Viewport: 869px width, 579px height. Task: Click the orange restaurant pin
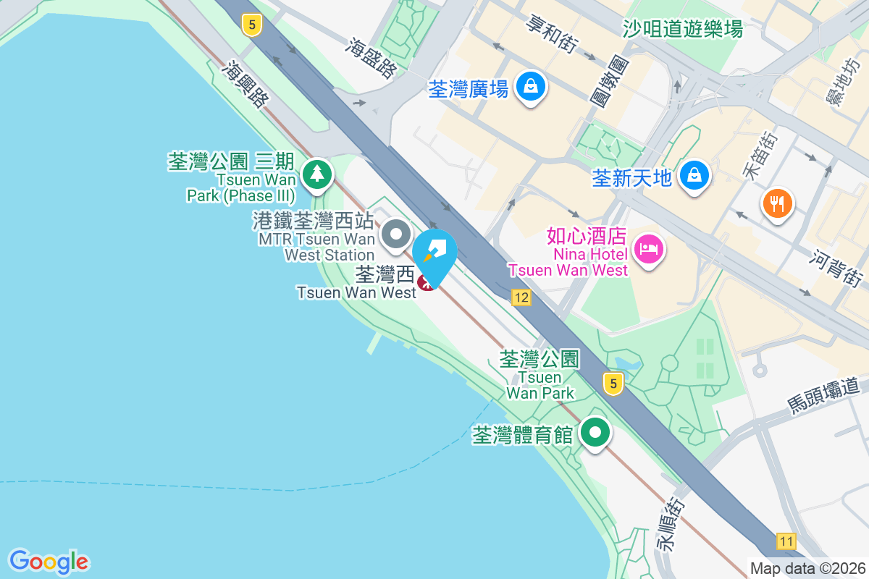778,204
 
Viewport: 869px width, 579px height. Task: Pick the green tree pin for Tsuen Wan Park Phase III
316,174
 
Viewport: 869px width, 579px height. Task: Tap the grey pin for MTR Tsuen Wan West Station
395,234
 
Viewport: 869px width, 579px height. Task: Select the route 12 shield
521,297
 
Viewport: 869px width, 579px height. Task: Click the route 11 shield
786,541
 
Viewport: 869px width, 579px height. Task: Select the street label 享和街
553,34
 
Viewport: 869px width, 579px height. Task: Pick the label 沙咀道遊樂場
683,29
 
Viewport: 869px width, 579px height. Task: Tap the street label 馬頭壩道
827,394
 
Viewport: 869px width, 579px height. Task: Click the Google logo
49,562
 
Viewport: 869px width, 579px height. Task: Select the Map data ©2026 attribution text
807,568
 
